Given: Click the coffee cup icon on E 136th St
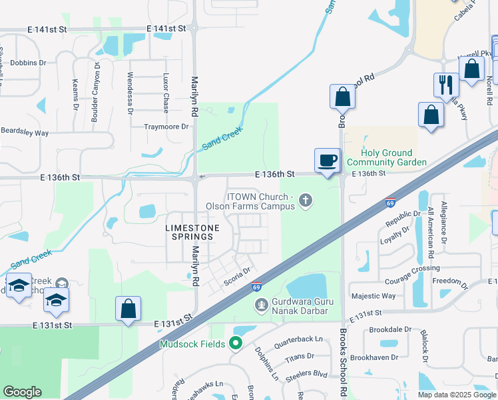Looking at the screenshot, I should coord(328,160).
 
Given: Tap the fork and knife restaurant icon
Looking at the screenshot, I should coord(445,85).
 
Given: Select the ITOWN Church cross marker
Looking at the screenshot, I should coord(306,200).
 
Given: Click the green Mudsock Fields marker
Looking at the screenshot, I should coord(235,344).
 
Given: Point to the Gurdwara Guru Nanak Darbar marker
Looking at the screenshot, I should coord(262,305).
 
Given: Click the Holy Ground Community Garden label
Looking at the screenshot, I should coord(387,157).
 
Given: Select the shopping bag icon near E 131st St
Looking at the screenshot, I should coord(128,309).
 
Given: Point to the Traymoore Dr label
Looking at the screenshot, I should coord(166,126).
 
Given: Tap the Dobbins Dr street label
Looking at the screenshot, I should coord(28,63).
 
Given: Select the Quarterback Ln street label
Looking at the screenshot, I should coord(298,339).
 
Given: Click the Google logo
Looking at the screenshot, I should coord(22,392).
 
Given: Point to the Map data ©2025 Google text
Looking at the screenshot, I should coord(456,395).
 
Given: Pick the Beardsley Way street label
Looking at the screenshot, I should coord(25,133).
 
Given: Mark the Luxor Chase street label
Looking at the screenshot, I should coord(166,93).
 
